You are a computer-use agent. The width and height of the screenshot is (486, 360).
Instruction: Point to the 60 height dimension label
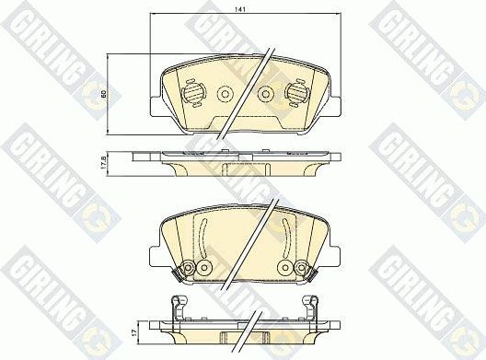click(x=104, y=94)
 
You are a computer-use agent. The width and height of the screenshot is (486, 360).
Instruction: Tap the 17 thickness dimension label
click(x=134, y=327)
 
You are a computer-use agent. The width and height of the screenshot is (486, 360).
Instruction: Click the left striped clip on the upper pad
click(x=192, y=94)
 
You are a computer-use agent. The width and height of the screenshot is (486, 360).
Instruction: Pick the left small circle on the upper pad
click(x=224, y=93)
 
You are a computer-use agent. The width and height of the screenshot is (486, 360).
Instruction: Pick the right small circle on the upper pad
click(x=266, y=93)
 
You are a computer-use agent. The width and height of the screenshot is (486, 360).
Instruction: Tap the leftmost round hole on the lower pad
click(x=188, y=268)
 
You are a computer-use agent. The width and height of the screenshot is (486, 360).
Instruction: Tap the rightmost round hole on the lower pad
click(x=301, y=268)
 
